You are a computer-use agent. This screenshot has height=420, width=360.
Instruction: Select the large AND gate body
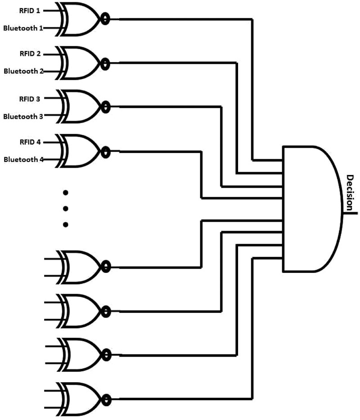[x=310, y=209]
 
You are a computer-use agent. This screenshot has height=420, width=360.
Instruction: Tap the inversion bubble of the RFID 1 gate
[x=105, y=19]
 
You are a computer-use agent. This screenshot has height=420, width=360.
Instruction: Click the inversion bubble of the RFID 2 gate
[x=105, y=63]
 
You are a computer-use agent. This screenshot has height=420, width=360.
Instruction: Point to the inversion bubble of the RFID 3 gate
[x=105, y=107]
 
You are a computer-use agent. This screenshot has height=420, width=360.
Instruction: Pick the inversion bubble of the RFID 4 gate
[x=105, y=151]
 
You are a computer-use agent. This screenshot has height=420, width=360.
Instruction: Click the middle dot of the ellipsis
[x=66, y=209]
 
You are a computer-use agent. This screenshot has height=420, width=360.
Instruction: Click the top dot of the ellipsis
[x=66, y=193]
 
